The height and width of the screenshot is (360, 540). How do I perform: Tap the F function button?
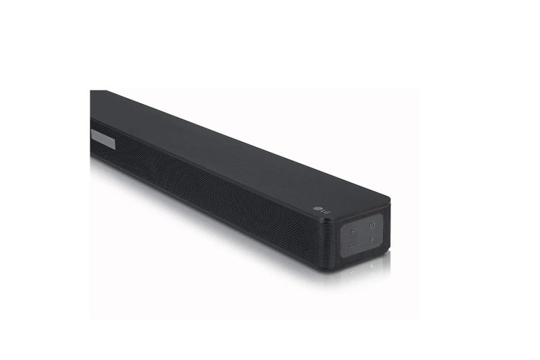[372, 240]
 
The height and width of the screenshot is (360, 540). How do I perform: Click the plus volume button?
[351, 232]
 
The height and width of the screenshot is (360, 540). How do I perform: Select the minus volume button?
[351, 247]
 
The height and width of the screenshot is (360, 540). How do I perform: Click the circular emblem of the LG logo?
[317, 209]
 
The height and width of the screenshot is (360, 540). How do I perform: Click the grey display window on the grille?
[103, 139]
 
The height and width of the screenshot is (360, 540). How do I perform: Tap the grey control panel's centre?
[362, 236]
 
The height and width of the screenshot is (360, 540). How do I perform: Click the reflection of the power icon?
[372, 275]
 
